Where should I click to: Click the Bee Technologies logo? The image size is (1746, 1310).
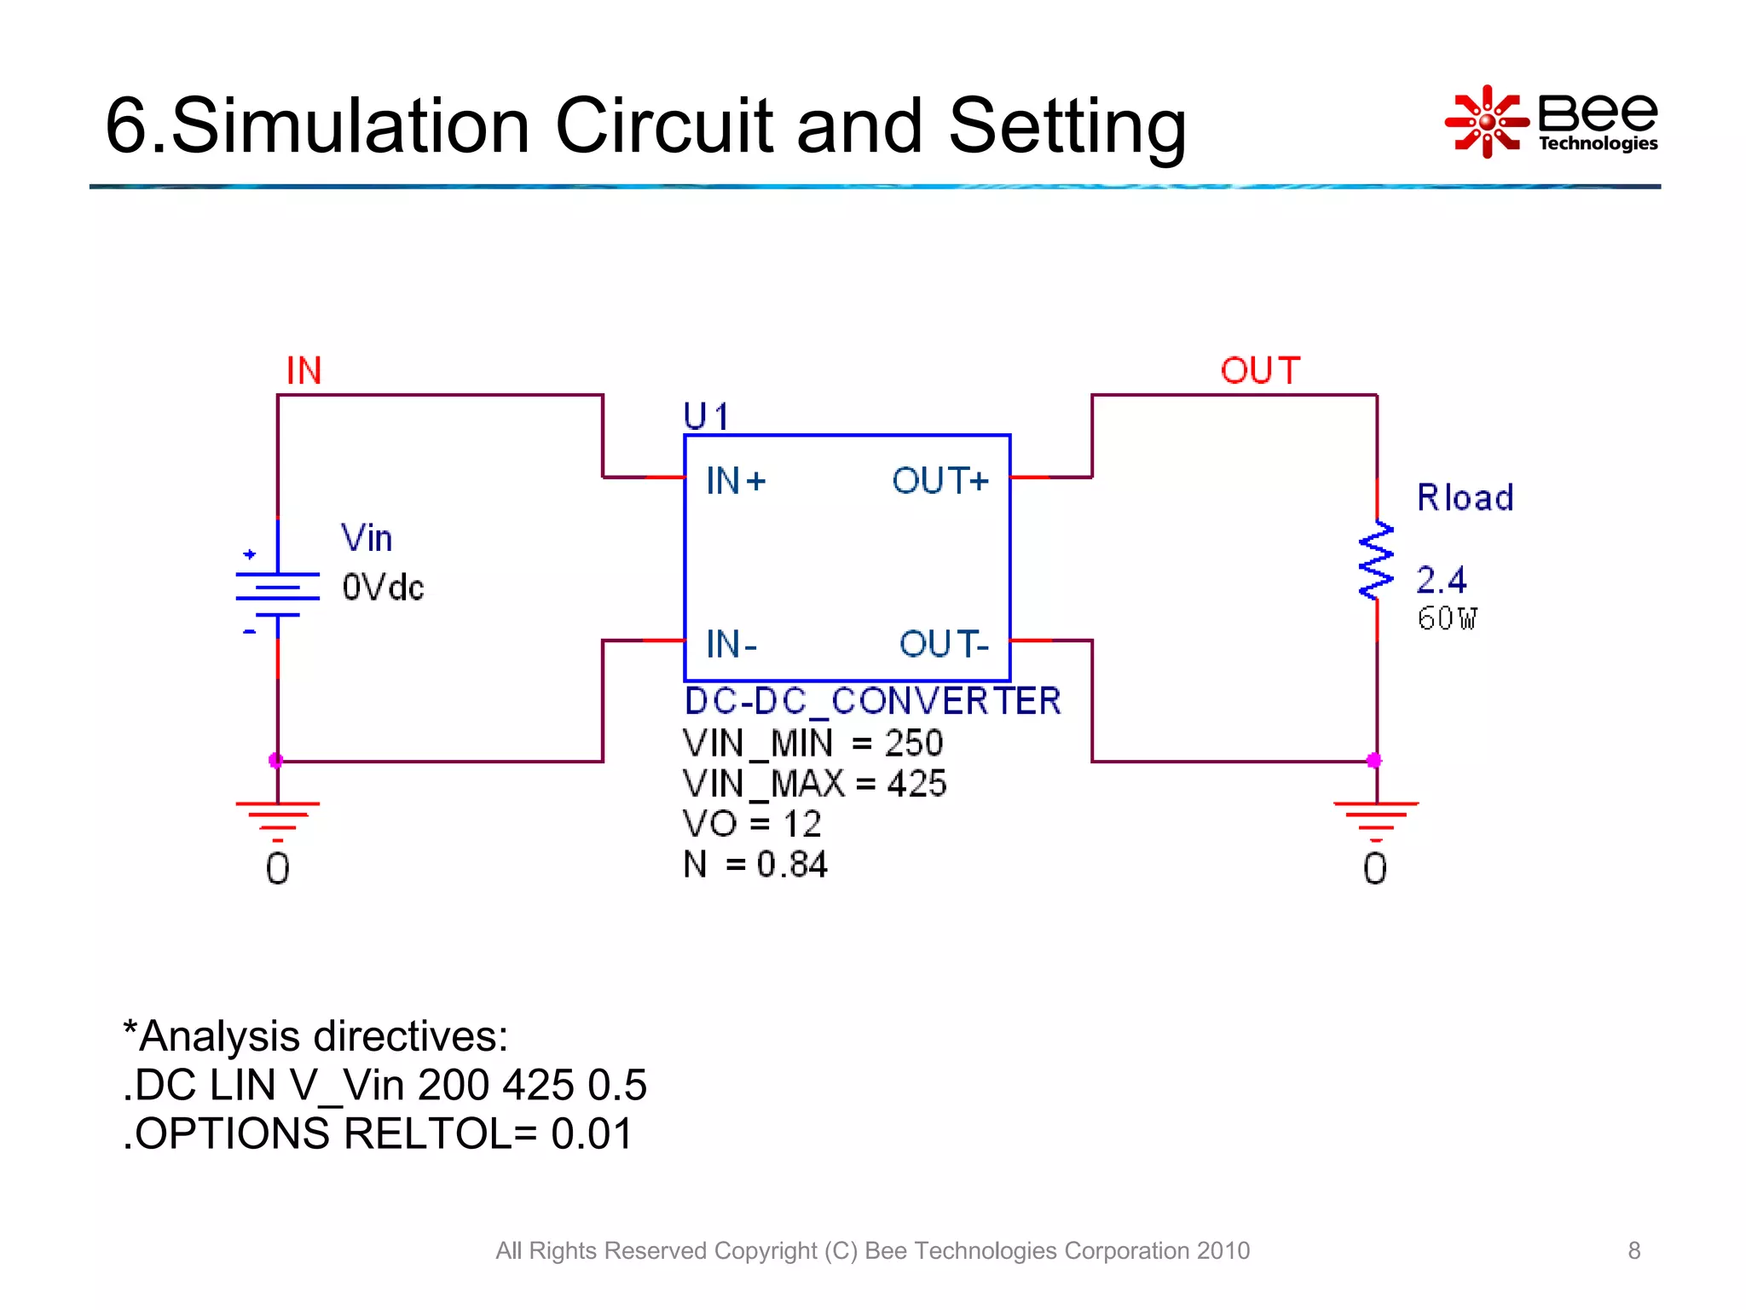1552,122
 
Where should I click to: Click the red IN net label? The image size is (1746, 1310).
304,371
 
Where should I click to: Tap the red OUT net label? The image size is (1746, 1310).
1259,371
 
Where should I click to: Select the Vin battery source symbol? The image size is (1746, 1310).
277,593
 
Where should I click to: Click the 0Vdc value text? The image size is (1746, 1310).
383,588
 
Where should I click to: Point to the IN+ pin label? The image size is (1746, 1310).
736,482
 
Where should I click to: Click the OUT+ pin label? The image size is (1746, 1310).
939,482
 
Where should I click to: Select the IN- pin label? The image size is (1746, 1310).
731,644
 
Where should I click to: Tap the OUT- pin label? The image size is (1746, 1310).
943,644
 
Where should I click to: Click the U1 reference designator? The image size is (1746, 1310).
706,417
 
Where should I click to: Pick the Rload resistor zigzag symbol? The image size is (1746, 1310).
1375,561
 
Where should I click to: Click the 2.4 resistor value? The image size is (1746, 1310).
1441,581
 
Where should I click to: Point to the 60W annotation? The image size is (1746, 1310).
1447,618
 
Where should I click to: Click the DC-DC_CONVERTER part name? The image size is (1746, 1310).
872,701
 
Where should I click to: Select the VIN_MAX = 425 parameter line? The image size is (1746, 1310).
814,783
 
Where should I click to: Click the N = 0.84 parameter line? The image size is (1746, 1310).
754,864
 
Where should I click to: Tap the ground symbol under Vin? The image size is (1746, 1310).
277,820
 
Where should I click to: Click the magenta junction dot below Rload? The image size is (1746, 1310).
1373,760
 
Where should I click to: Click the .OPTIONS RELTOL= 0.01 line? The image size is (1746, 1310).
378,1134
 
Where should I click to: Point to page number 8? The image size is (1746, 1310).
1633,1250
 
